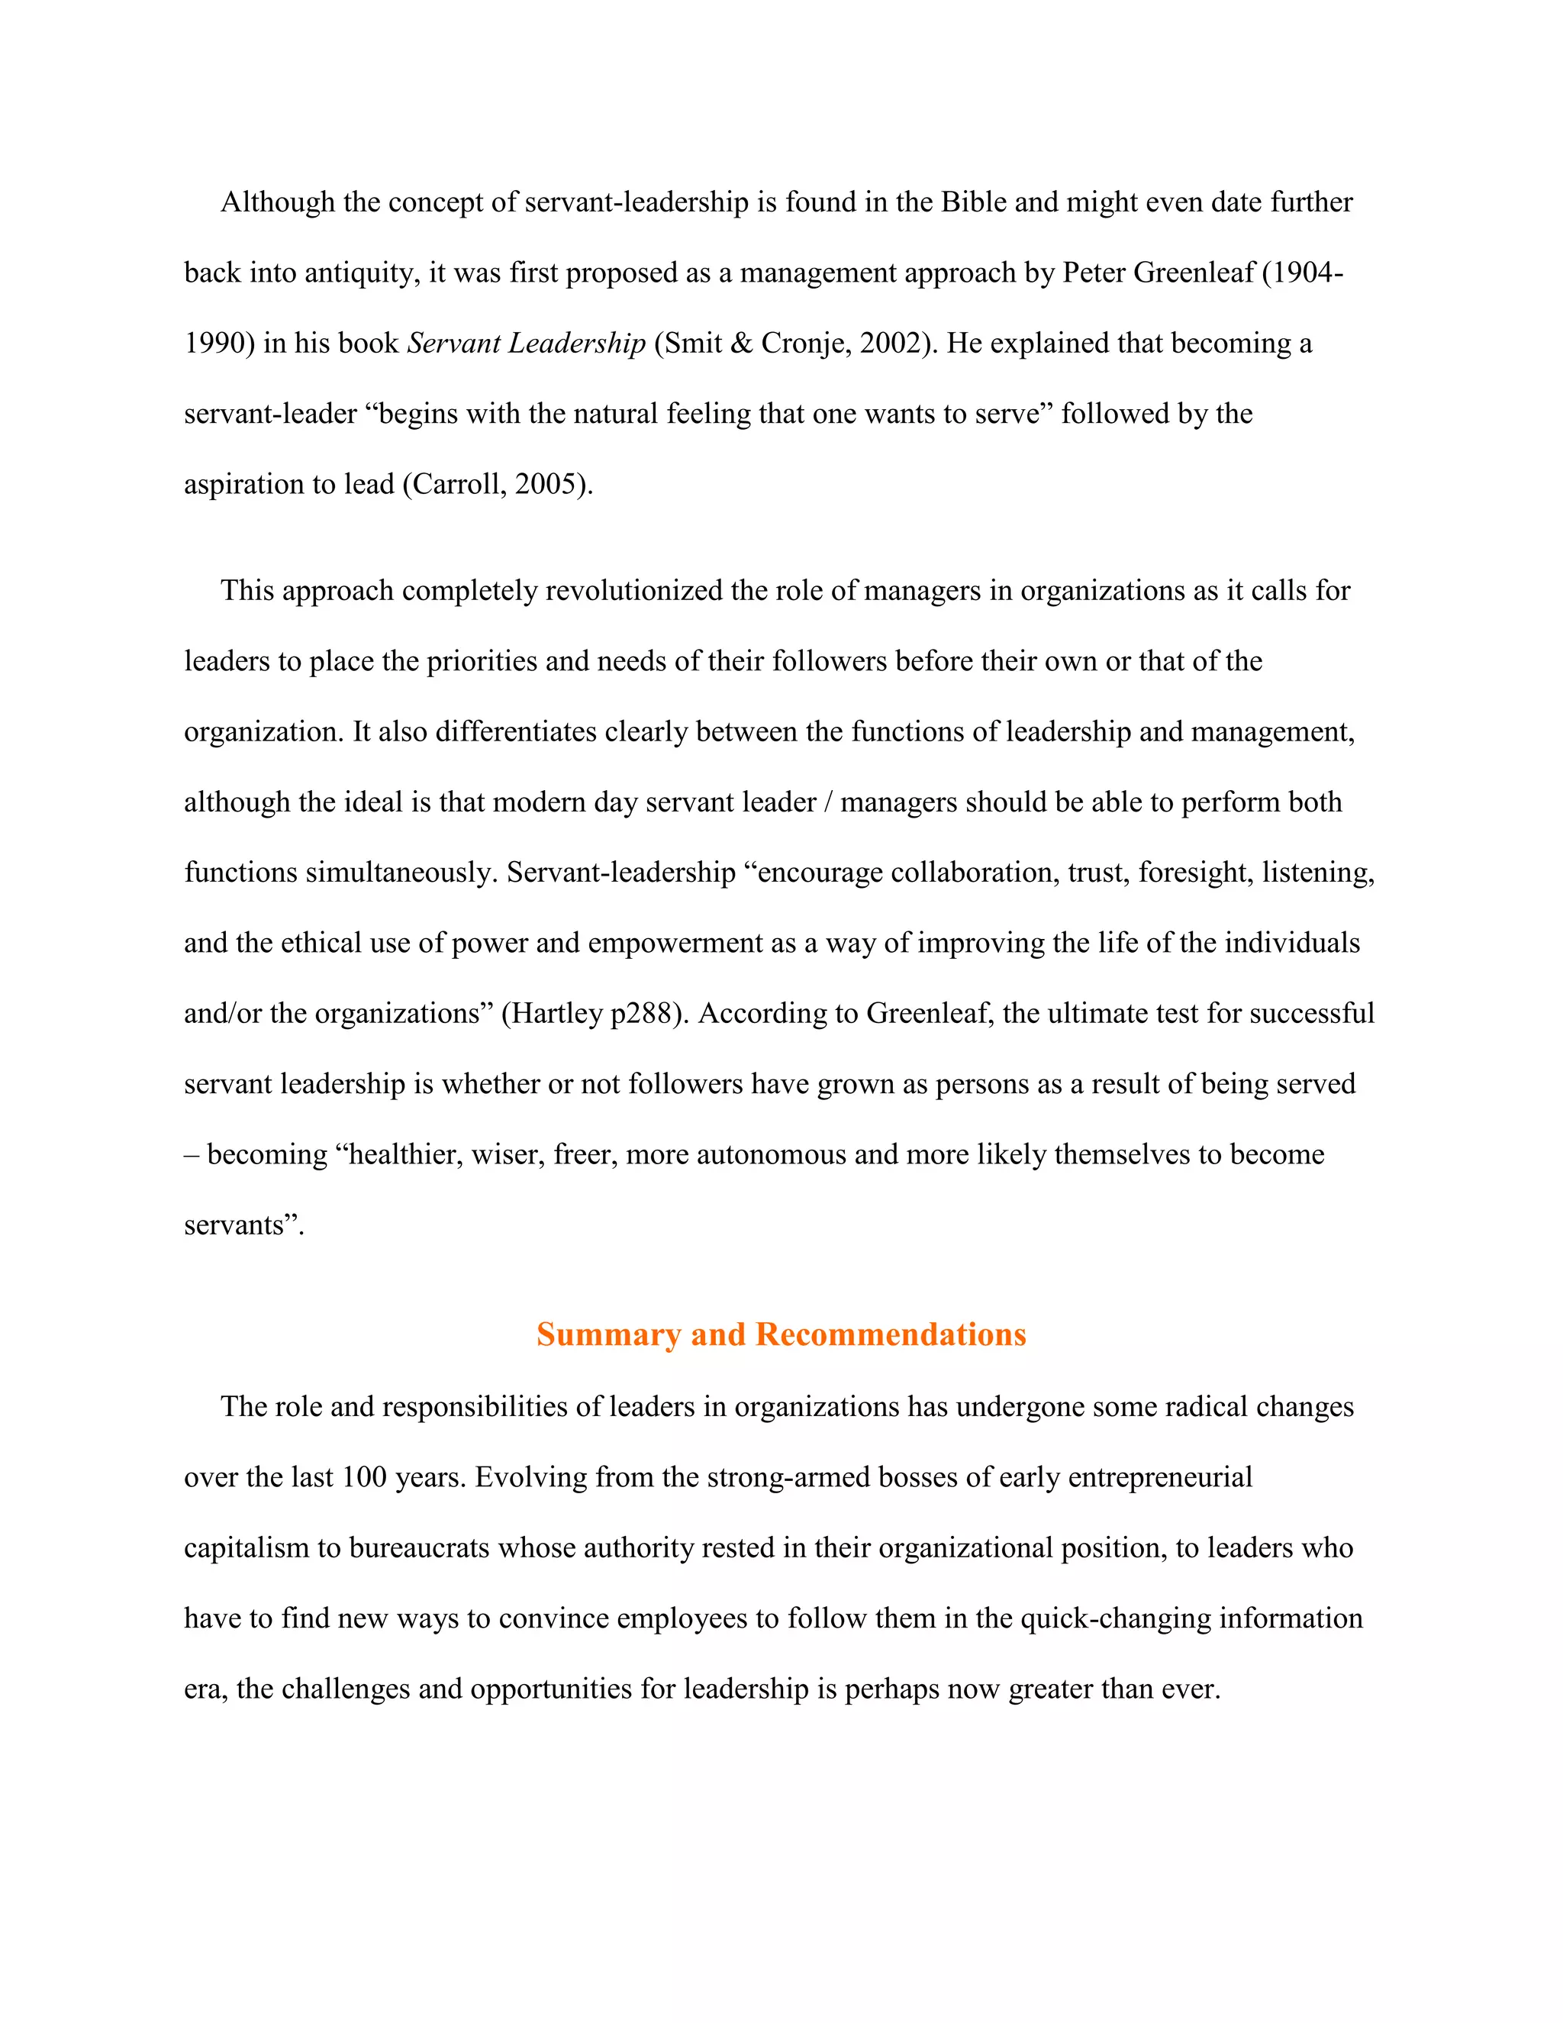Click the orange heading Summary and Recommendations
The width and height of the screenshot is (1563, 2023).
click(781, 1334)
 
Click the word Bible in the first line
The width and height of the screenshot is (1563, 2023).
click(973, 203)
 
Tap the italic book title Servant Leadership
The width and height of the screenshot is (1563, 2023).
click(526, 344)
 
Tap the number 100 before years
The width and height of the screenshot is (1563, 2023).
click(364, 1477)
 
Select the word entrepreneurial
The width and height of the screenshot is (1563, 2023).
click(1159, 1477)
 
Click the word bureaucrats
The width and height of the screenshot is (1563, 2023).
click(418, 1548)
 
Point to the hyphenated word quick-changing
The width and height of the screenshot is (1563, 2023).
click(1115, 1618)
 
